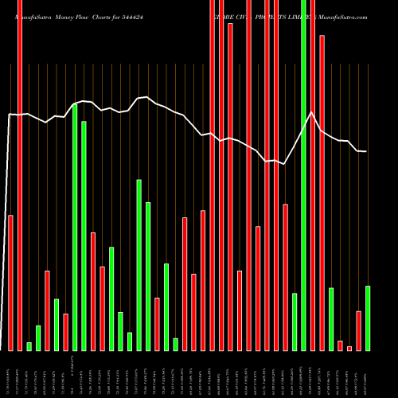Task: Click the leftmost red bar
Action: (x=10, y=283)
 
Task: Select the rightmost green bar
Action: (x=368, y=318)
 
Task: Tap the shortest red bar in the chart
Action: (x=349, y=348)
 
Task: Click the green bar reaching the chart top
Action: (x=304, y=175)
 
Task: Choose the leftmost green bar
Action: (x=29, y=346)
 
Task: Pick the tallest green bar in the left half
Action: (x=75, y=227)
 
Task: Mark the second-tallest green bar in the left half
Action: (x=84, y=236)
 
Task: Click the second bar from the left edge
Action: (x=20, y=175)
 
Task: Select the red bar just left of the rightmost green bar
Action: (x=359, y=330)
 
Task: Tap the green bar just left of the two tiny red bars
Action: (x=331, y=318)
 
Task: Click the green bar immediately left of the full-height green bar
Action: (x=295, y=322)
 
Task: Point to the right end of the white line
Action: (x=366, y=151)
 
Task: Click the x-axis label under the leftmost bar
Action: (x=10, y=374)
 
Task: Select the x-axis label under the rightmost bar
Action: (x=368, y=374)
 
